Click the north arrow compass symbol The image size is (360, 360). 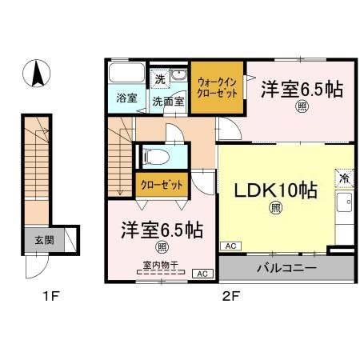coord(37,75)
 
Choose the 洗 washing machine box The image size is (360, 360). coord(160,79)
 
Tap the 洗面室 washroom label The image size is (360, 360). coord(169,102)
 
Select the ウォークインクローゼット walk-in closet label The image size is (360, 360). coord(216,87)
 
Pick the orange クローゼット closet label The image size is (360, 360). coord(161,185)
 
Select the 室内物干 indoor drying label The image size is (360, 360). coord(160,262)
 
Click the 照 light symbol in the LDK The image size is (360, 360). coord(274,210)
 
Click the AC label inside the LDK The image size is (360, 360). coord(229,246)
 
